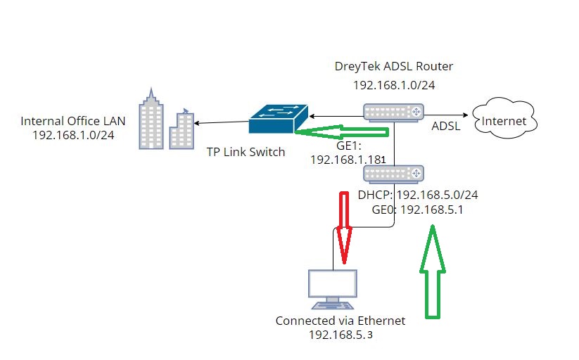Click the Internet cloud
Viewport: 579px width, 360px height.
[x=504, y=120]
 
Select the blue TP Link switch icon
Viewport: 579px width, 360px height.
[x=278, y=119]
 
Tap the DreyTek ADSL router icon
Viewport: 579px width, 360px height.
[x=394, y=112]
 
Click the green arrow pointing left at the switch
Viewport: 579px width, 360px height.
[x=341, y=131]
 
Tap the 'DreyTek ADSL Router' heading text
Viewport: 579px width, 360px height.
[x=394, y=67]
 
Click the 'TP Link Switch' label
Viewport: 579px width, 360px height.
[x=246, y=152]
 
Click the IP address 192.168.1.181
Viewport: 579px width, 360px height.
[x=348, y=160]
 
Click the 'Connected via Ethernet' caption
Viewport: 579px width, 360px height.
[x=341, y=321]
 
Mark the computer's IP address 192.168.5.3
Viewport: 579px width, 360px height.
[x=341, y=335]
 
